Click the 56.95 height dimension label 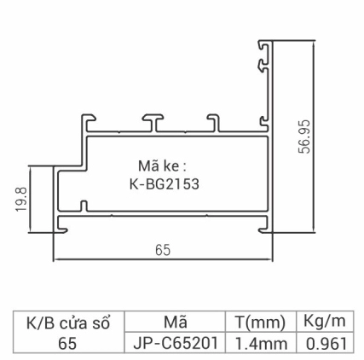pos(304,136)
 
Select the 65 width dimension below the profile pos(162,250)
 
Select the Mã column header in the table pos(175,322)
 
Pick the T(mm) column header pos(259,322)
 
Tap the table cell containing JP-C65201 pos(176,343)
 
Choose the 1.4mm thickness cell pos(259,343)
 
